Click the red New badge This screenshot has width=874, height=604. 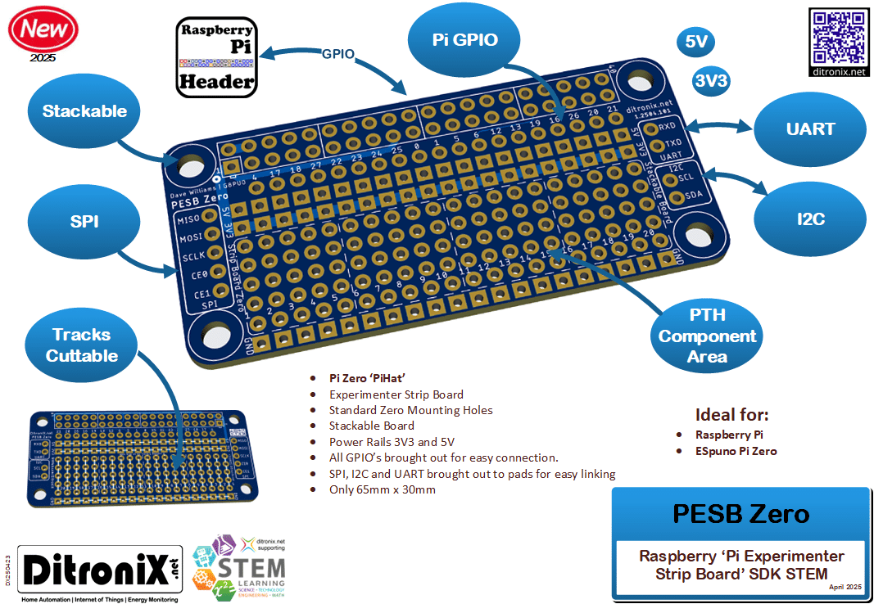pos(43,30)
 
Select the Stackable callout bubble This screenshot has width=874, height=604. pos(84,111)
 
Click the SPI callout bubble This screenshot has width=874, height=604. pos(84,221)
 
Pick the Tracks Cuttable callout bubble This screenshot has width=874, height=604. pos(81,345)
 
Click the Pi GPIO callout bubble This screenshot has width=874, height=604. pos(464,39)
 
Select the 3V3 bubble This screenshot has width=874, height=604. pos(711,80)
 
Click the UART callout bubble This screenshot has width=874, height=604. pos(809,129)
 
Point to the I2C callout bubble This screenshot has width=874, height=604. pos(809,219)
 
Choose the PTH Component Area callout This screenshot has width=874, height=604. pos(707,336)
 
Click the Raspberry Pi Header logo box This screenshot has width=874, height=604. pos(217,56)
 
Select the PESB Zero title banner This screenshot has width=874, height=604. pos(740,513)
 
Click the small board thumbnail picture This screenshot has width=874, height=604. pos(147,455)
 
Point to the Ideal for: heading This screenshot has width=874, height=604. pos(731,414)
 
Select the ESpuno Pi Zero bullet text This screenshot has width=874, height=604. pos(736,451)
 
